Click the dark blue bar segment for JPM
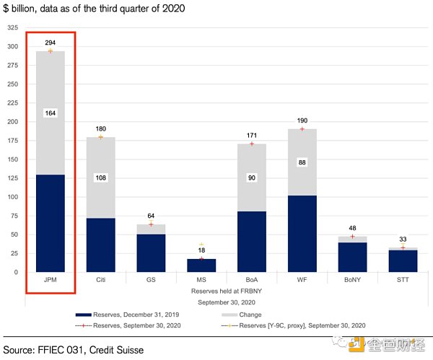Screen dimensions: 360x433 pos(51,223)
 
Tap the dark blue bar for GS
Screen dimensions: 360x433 pos(151,253)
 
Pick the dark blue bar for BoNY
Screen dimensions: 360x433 pos(353,257)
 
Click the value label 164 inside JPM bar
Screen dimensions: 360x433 pos(51,113)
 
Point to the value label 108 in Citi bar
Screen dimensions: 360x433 pos(100,177)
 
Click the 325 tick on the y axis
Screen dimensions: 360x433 pos(13,27)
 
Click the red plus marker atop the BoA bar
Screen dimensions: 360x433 pos(252,144)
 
